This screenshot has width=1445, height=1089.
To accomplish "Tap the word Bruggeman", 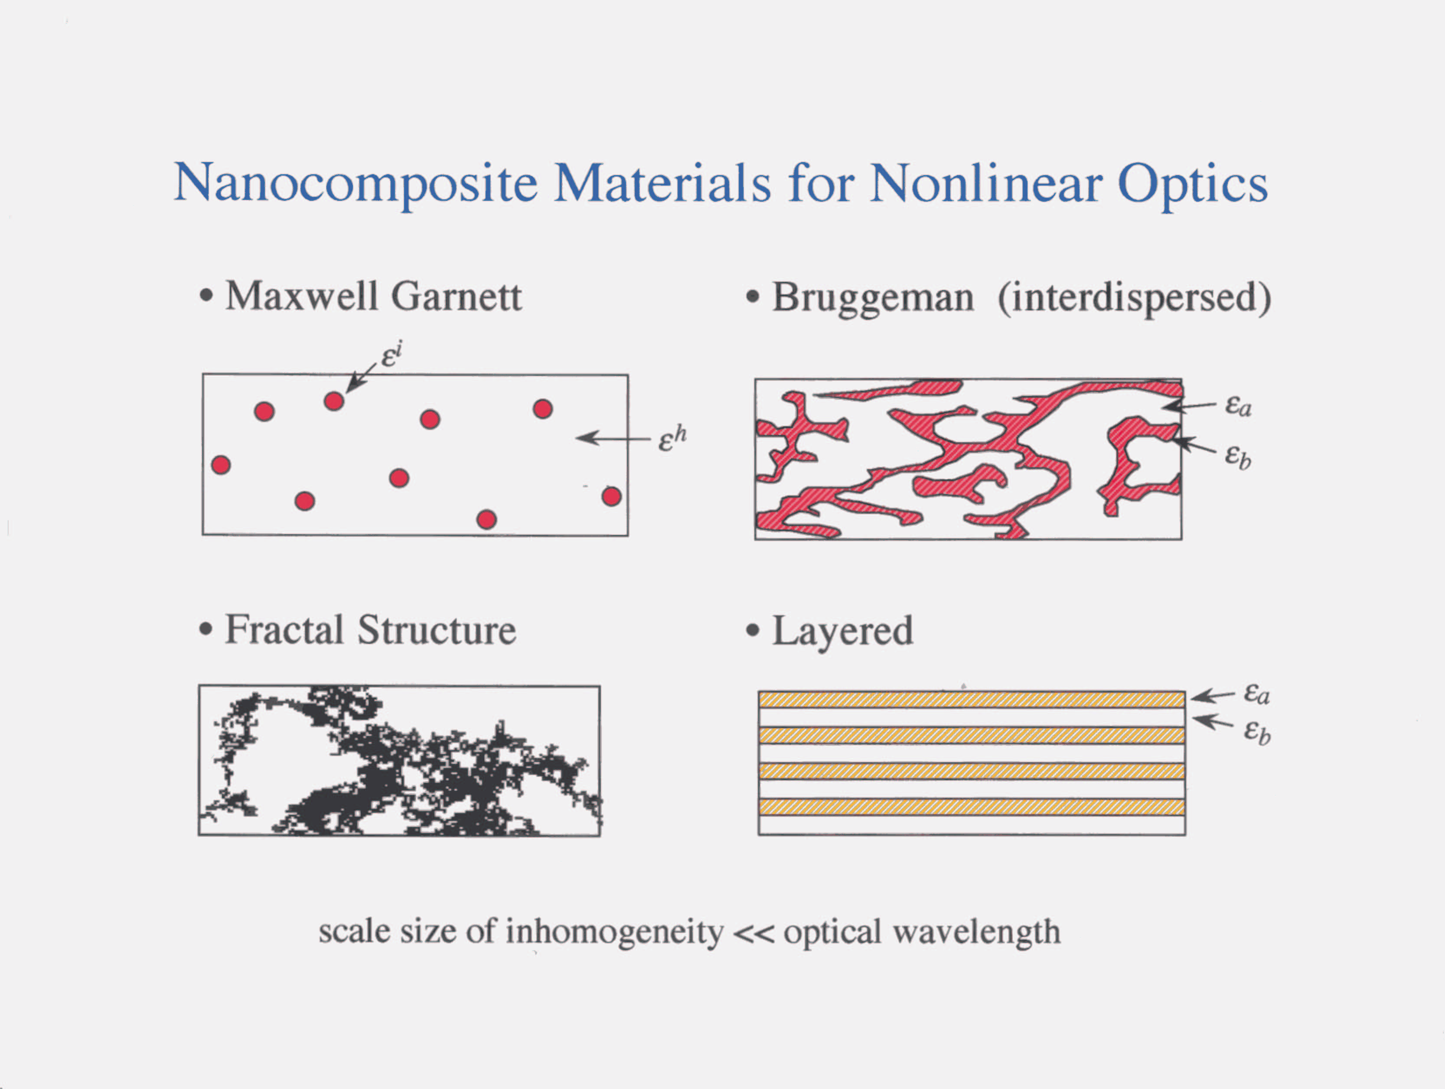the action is [x=873, y=299].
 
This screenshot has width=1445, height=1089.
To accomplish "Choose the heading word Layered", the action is [x=843, y=633].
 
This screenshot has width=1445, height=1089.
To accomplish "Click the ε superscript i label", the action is [x=391, y=355].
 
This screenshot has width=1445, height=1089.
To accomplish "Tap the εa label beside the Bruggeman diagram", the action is [x=1238, y=406].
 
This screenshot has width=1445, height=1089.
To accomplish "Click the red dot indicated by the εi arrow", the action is [x=334, y=401].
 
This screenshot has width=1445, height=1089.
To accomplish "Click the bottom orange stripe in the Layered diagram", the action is [x=972, y=807].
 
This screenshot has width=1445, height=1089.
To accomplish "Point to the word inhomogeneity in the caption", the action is [x=614, y=932].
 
